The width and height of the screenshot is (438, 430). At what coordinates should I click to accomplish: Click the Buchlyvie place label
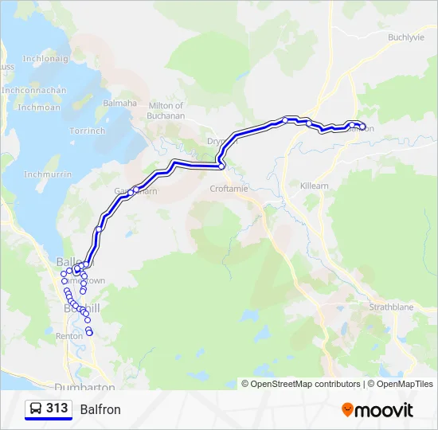pos(408,37)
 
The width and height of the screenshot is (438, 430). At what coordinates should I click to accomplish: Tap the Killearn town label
pos(314,185)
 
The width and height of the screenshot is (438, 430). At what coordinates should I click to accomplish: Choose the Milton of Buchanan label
pos(166,111)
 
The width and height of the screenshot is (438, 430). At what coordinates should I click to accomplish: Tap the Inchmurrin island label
pos(43,174)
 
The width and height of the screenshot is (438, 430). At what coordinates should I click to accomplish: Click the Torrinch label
pos(87,131)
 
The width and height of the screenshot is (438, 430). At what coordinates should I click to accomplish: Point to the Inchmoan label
pos(39,107)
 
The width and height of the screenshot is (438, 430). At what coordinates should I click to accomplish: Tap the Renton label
pos(69,336)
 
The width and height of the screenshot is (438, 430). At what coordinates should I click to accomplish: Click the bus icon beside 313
pos(36,409)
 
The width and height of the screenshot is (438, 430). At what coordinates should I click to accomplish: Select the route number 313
pos(57,408)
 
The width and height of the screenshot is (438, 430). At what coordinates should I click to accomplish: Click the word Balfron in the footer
pos(100,409)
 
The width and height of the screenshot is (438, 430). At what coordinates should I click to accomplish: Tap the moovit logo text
pos(384,410)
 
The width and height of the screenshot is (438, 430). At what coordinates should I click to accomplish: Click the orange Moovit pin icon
pos(347,409)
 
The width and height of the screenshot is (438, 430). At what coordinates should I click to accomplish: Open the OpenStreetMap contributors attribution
pos(306,384)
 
